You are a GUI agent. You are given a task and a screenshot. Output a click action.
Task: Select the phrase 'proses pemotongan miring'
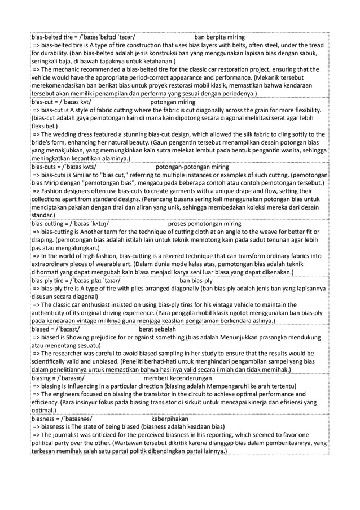pos(204,224)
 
